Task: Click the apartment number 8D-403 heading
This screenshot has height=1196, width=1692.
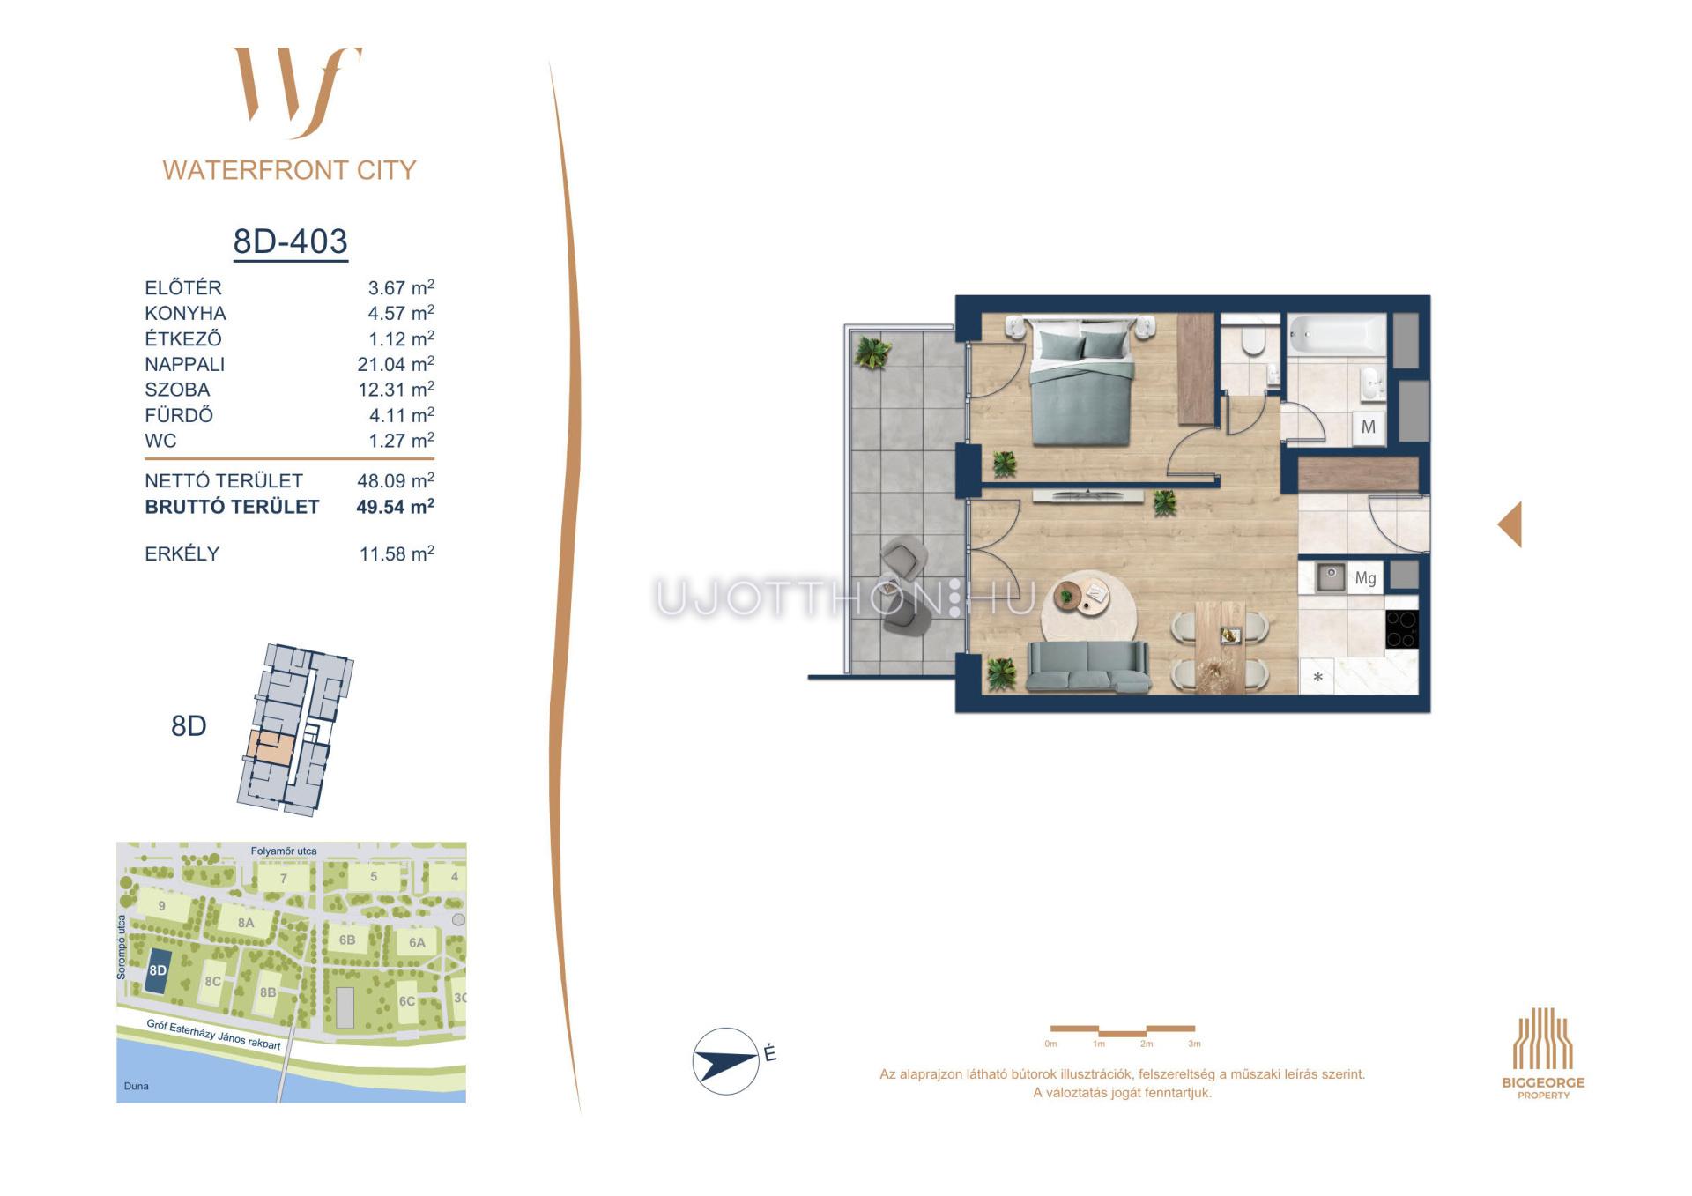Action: click(290, 241)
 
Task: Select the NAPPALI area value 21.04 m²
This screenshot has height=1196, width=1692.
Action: click(396, 364)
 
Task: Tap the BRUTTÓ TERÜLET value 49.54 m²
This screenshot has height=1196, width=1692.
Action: click(395, 507)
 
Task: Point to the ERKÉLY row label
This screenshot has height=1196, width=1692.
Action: click(182, 553)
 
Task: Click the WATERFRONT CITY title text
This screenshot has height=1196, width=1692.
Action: click(289, 170)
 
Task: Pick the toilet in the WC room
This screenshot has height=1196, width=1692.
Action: click(1252, 341)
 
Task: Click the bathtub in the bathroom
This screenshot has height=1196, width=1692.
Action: click(1337, 335)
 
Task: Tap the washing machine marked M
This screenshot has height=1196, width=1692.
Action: click(1369, 427)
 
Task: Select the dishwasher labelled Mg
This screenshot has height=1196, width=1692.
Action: click(1365, 578)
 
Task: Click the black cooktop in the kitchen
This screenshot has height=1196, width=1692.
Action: click(1401, 628)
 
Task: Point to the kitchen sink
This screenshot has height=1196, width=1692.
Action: click(1331, 577)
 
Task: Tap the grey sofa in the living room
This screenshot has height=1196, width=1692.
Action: click(1088, 666)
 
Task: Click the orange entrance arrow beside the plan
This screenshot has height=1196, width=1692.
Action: click(1510, 524)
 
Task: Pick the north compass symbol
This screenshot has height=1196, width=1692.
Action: click(726, 1061)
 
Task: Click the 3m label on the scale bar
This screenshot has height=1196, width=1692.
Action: click(1194, 1044)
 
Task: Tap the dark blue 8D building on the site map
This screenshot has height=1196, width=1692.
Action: click(159, 971)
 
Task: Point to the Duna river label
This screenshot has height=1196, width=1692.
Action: click(136, 1086)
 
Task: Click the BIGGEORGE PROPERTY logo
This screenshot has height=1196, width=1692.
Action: click(1543, 1053)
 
